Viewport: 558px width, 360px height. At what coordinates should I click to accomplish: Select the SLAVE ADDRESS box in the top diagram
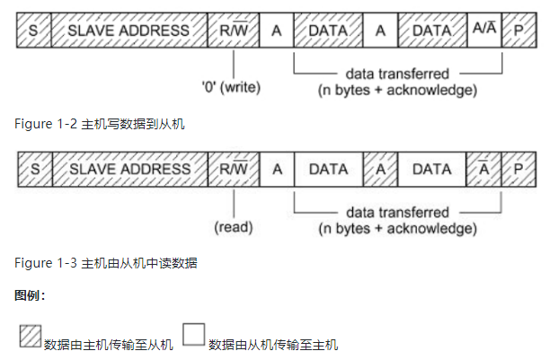(x=129, y=31)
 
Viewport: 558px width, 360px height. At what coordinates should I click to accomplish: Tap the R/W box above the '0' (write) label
(x=233, y=31)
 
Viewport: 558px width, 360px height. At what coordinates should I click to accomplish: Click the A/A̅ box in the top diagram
(x=483, y=31)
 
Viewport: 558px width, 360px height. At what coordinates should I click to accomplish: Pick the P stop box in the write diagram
(x=518, y=31)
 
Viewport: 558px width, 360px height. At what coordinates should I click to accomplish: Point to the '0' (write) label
(x=233, y=89)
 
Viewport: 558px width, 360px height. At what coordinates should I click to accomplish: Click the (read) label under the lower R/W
(x=233, y=227)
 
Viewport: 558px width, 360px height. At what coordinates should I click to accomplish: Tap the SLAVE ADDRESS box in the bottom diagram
(x=129, y=169)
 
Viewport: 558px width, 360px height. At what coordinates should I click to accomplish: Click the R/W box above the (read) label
(x=233, y=169)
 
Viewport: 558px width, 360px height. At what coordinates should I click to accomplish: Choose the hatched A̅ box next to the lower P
(x=483, y=169)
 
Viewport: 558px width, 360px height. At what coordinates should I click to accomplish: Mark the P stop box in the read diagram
(x=518, y=169)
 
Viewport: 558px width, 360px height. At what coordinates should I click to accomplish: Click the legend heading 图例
(x=30, y=294)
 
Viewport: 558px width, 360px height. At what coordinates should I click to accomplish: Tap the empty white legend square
(x=193, y=336)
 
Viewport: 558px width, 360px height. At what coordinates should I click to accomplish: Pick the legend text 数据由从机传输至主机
(x=273, y=344)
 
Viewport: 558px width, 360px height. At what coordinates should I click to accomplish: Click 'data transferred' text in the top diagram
(x=396, y=73)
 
